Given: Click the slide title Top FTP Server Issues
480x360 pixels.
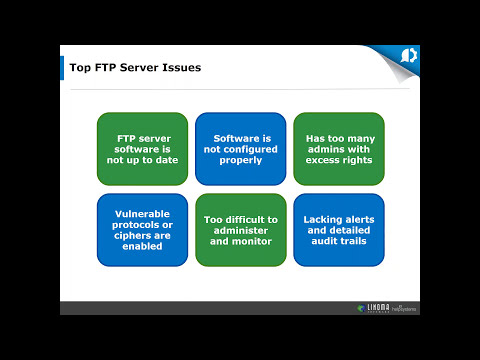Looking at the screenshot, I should [135, 68].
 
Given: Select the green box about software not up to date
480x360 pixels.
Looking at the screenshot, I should [142, 148].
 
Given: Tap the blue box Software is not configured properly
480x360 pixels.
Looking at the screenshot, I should [240, 148].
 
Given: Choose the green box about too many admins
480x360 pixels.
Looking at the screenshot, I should [338, 148].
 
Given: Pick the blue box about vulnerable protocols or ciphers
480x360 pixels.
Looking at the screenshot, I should [142, 229].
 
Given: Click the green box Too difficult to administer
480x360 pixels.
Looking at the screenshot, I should [240, 229].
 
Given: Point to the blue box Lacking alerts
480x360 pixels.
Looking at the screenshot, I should [338, 229].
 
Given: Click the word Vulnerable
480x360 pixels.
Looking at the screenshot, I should [142, 214].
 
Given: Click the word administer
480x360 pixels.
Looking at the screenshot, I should [240, 229].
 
